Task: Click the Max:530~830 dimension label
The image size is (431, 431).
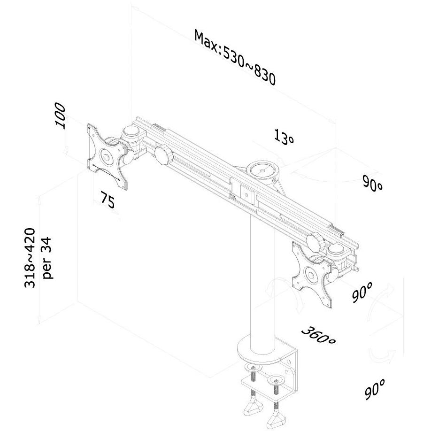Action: click(234, 57)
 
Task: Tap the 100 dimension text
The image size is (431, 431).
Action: click(61, 115)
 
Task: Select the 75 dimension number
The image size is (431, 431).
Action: click(108, 200)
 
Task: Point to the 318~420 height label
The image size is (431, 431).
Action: click(30, 258)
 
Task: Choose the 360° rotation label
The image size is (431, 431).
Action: click(318, 335)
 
